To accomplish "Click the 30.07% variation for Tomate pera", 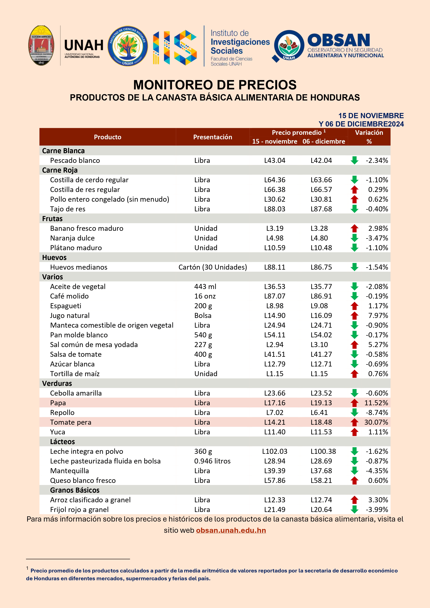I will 376,422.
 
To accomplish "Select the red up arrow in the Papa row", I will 354,403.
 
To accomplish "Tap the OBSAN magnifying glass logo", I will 288,46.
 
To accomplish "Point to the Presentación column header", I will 212,137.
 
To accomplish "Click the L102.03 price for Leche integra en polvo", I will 275,451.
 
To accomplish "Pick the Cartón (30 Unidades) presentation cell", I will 212,267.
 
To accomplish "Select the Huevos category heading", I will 54,257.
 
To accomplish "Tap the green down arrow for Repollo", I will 354,412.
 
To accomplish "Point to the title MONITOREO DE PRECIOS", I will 215,85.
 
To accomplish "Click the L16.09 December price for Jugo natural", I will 321,315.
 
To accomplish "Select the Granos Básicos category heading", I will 75,490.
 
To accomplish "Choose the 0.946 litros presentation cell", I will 212,461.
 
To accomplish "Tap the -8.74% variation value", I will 377,412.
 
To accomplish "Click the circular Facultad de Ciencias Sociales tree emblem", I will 128,46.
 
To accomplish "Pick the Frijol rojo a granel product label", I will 79,509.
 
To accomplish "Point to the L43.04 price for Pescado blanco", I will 275,160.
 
